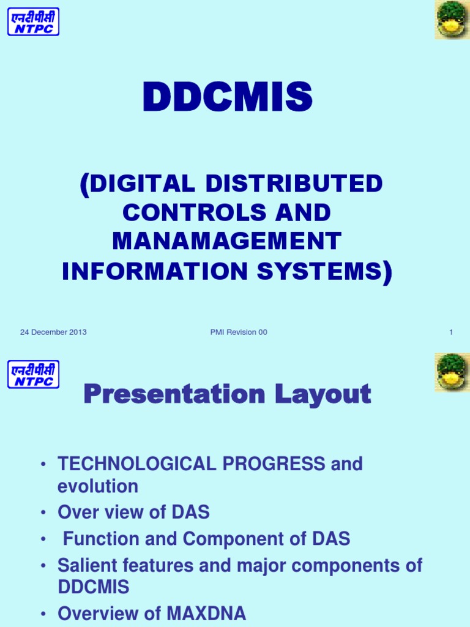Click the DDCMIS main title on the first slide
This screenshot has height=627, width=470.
click(x=228, y=98)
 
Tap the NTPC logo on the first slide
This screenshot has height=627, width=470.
click(x=34, y=21)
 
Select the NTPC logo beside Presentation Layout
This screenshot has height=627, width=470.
click(x=34, y=374)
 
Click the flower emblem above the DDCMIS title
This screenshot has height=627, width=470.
click(x=452, y=20)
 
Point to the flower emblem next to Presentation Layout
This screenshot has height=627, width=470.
click(x=452, y=372)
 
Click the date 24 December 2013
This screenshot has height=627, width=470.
click(x=53, y=332)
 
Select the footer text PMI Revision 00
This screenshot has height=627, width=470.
click(x=238, y=332)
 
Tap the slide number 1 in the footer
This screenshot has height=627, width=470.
click(x=451, y=332)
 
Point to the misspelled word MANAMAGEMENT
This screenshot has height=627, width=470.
click(x=226, y=242)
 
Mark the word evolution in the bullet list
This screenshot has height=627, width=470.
click(x=98, y=487)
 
